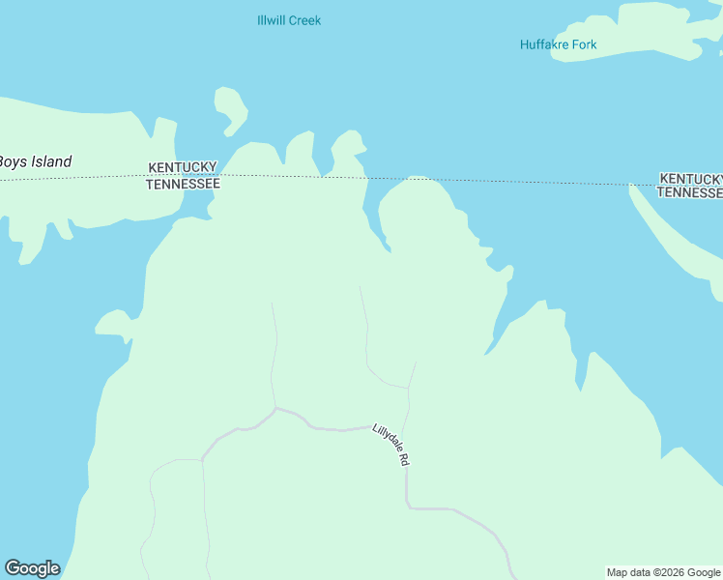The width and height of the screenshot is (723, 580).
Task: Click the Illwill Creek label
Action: tap(289, 20)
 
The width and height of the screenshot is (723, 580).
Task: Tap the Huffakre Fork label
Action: tap(559, 44)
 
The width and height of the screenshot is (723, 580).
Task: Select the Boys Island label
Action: tap(35, 162)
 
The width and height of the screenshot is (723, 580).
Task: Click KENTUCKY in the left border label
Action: tap(183, 167)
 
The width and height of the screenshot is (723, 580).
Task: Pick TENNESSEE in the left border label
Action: tap(183, 183)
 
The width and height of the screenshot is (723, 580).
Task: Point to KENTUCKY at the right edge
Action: tap(690, 179)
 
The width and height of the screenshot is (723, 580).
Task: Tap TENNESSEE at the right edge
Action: tap(689, 192)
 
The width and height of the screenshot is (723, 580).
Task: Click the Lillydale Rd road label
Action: tap(390, 446)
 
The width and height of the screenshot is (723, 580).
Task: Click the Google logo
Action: tap(32, 568)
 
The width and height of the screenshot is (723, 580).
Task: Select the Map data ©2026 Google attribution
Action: tap(663, 572)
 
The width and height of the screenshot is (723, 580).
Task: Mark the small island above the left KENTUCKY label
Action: tap(230, 108)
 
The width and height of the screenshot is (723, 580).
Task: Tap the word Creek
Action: tap(305, 20)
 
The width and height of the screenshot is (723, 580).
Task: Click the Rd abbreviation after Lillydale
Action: tap(403, 461)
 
